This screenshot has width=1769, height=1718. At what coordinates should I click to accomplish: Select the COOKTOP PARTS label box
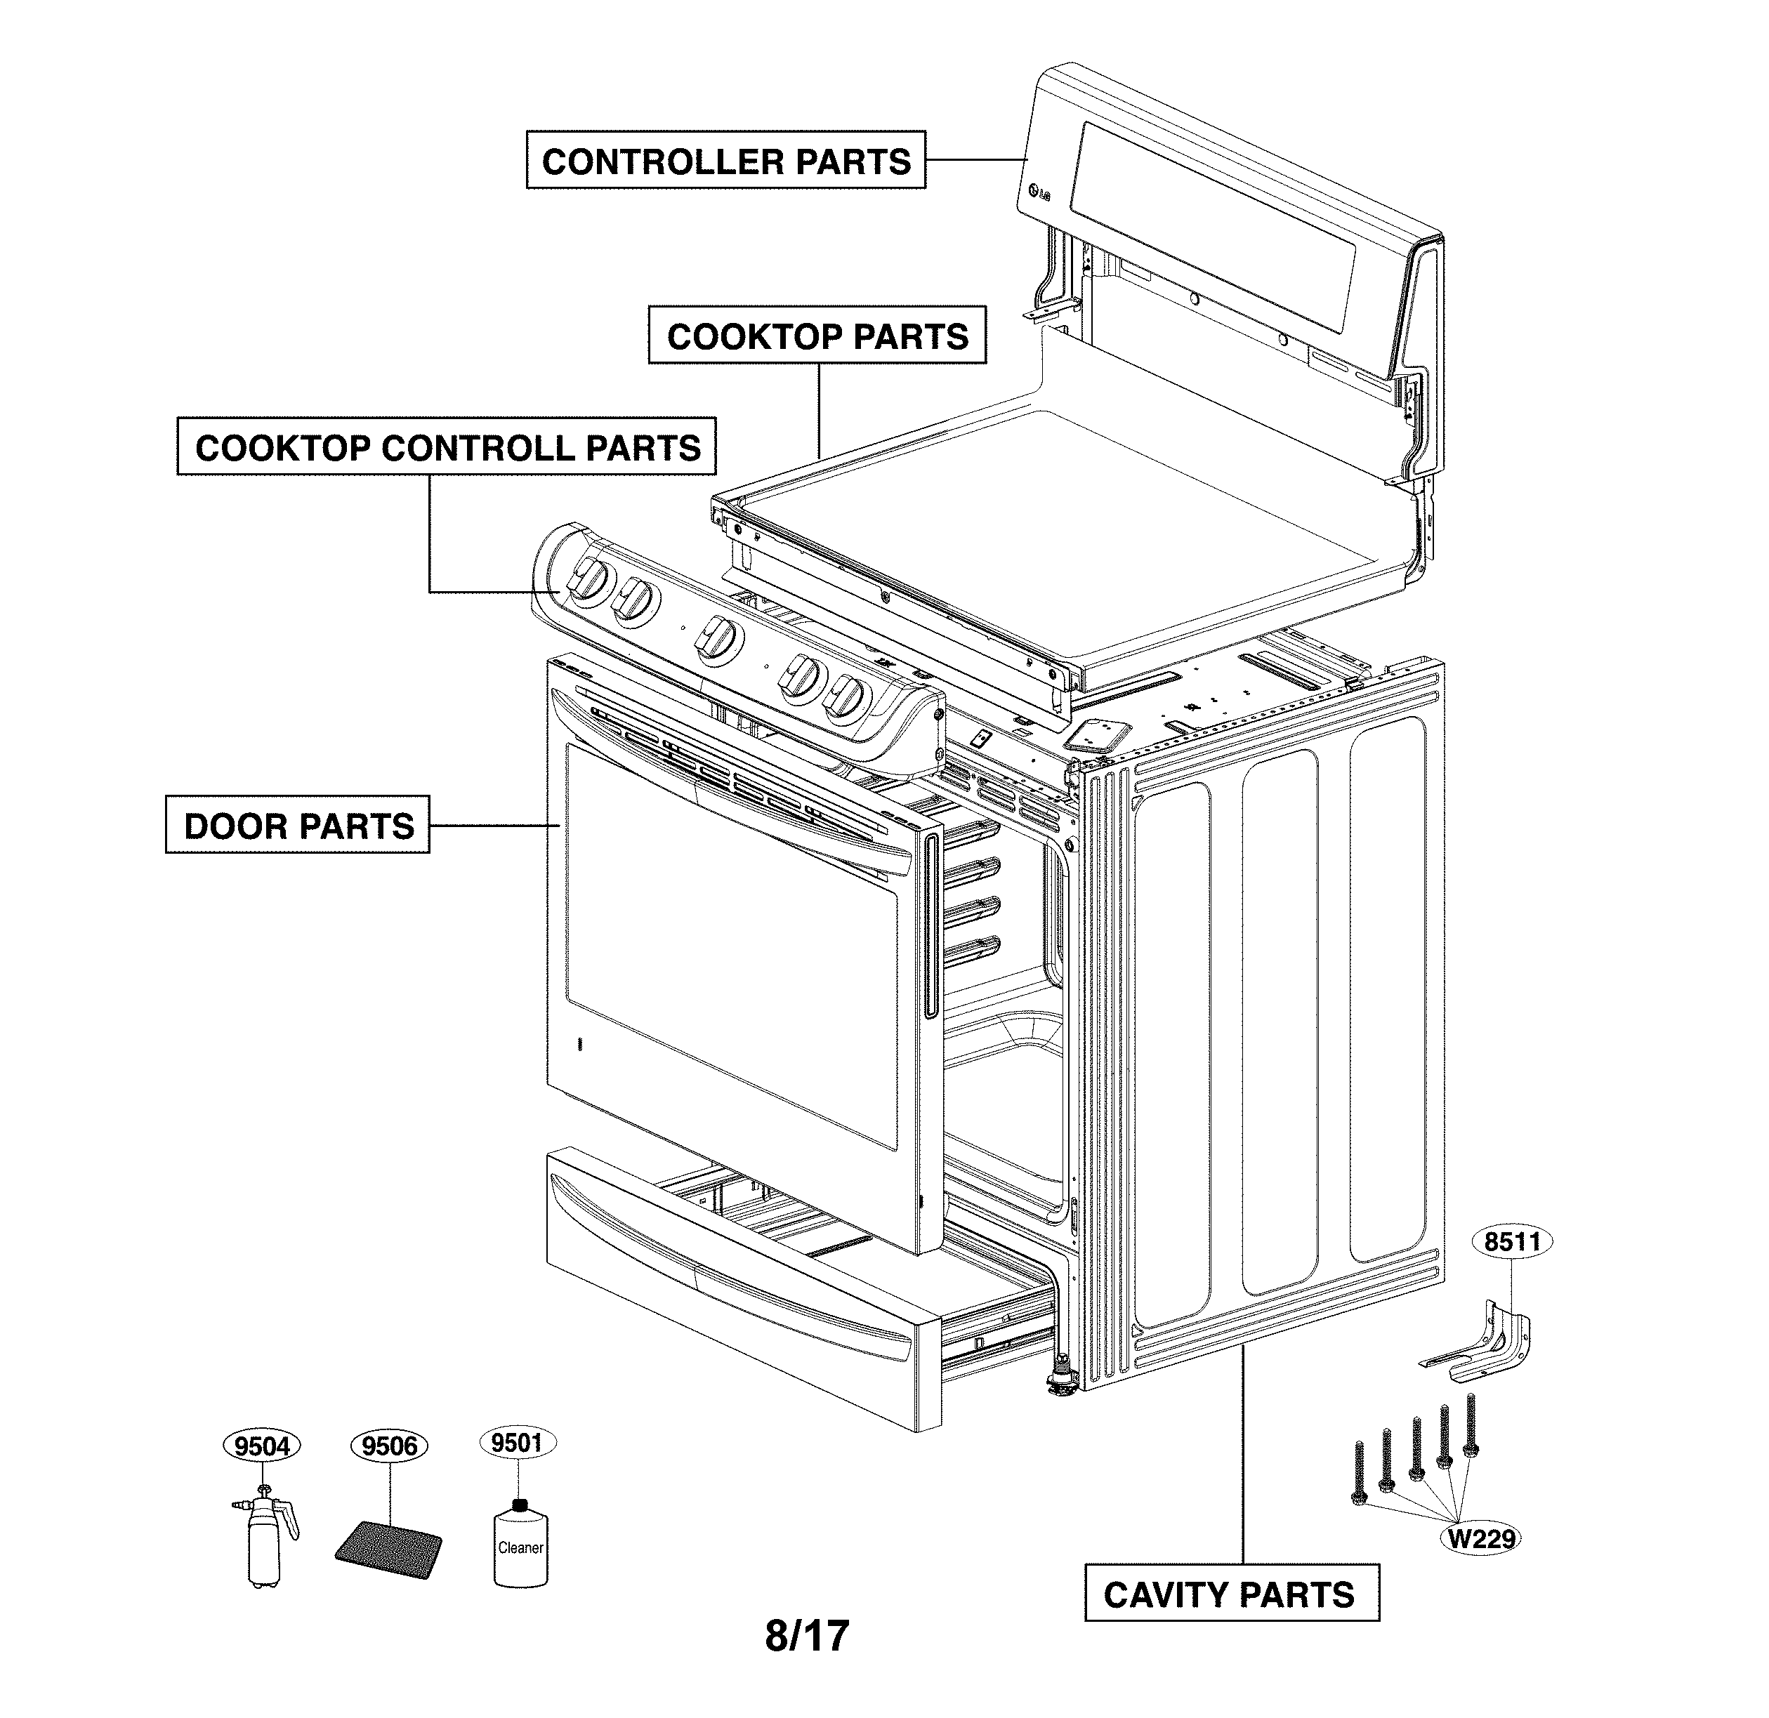(817, 336)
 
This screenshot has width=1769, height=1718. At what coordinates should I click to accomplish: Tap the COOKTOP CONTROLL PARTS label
(447, 447)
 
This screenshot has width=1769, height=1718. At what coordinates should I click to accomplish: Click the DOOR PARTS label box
(298, 825)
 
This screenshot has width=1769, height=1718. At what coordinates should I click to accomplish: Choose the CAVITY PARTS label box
(1231, 1594)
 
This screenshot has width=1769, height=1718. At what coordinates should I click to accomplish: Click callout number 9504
(262, 1446)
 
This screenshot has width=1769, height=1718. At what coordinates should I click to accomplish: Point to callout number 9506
(389, 1446)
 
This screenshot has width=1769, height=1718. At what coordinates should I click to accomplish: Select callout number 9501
(517, 1443)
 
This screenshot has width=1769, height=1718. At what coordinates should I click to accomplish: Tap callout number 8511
(1513, 1241)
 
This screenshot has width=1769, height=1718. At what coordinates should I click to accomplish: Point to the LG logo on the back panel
(1039, 193)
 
